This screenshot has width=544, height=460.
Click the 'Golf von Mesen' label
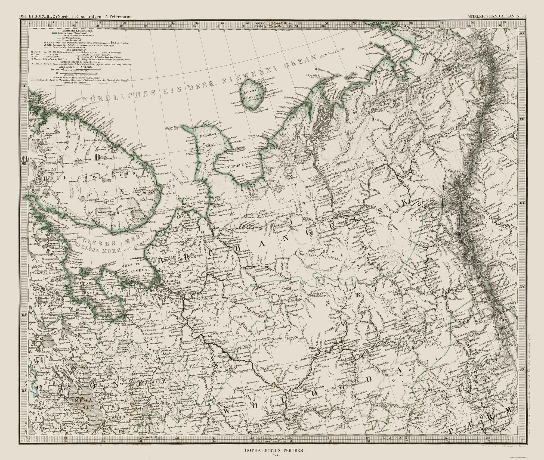(x=196, y=201)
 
